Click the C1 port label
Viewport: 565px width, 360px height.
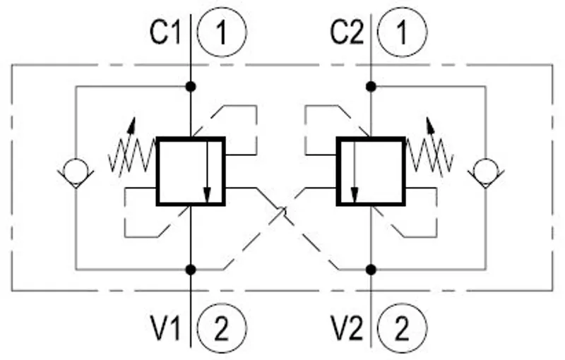click(x=165, y=32)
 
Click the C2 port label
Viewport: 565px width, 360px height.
click(x=347, y=32)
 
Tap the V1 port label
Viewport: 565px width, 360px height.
click(x=166, y=328)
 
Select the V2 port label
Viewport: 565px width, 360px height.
click(x=347, y=328)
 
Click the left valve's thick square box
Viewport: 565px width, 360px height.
click(x=157, y=172)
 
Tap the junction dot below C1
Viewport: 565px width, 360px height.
click(x=191, y=87)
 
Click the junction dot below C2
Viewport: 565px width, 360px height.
click(x=371, y=87)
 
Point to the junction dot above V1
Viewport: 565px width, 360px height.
click(x=191, y=269)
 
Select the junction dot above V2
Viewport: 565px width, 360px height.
click(x=371, y=269)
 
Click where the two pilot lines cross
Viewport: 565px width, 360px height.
click(x=281, y=212)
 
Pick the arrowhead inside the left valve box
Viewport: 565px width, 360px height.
click(x=207, y=196)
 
